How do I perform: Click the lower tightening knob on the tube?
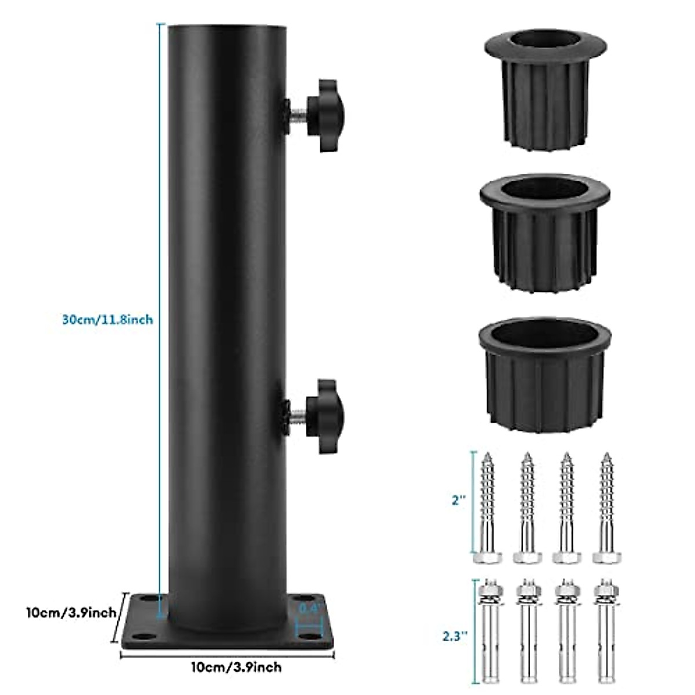324,415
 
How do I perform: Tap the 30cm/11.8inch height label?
108,319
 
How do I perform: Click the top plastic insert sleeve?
544,87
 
